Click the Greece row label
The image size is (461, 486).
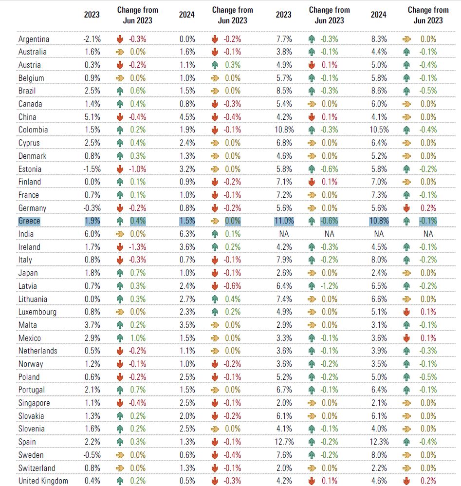pos(29,221)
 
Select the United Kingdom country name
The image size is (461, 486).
pos(43,481)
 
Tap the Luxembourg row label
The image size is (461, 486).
pos(37,312)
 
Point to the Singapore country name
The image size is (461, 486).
pos(34,403)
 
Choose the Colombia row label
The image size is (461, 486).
pos(33,130)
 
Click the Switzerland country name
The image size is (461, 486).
pos(37,468)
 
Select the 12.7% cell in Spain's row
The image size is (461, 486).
pos(284,442)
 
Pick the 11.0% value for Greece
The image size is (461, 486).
pos(284,221)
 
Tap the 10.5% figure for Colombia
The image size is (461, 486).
pos(379,130)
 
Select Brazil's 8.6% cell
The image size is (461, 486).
pos(380,91)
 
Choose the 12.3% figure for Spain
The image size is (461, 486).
pos(379,442)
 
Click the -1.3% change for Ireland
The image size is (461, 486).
pos(138,247)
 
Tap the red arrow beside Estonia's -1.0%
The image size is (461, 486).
pos(120,169)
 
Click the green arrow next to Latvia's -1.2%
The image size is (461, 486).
pos(312,286)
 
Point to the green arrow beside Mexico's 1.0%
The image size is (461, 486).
pos(120,338)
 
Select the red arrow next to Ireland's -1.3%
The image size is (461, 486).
pos(120,247)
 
